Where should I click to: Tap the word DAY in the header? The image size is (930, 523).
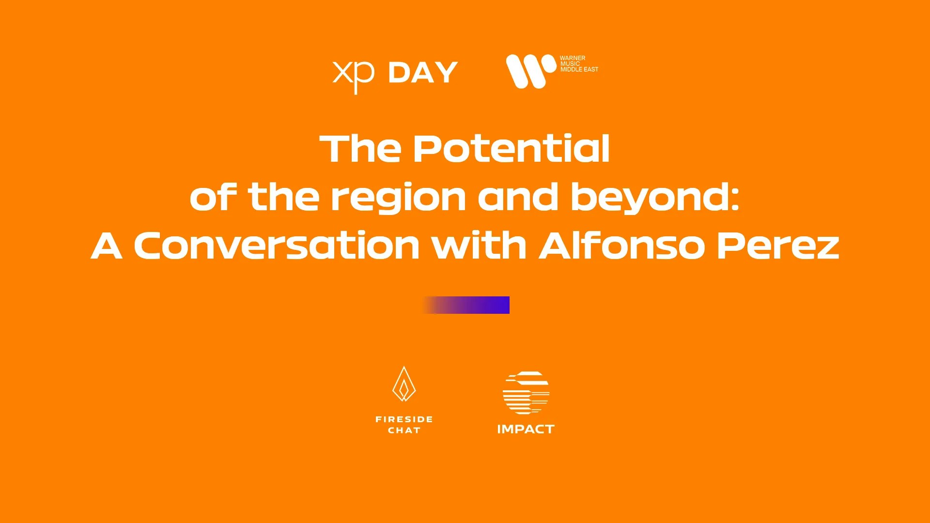[423, 73]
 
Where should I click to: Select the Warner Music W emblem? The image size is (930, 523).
[531, 71]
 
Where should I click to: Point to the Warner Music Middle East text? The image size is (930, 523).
[579, 64]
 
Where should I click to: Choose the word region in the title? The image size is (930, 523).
[399, 199]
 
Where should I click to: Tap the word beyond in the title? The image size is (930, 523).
[649, 198]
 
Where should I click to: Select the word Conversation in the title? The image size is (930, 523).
[277, 245]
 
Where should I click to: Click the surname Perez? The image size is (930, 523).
[778, 245]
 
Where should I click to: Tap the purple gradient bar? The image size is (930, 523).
[465, 305]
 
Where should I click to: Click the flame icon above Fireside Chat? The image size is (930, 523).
[404, 384]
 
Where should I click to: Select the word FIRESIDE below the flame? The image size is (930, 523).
[404, 419]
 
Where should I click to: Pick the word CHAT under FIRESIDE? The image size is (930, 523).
[404, 430]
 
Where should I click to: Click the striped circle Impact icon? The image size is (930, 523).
[526, 393]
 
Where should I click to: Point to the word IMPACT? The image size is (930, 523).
[526, 429]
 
